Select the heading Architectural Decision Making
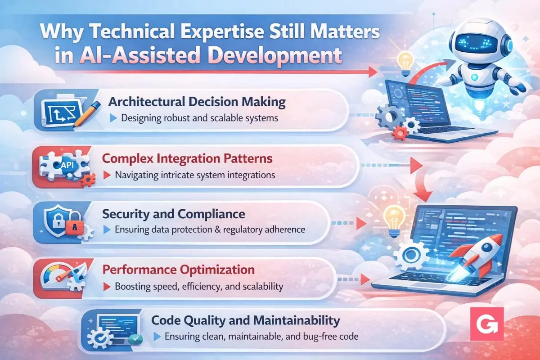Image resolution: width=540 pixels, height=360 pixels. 197,101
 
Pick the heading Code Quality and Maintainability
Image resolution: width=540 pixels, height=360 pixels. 245,320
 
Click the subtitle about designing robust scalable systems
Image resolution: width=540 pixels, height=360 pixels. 200,119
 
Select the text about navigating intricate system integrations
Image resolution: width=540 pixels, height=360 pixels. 195,175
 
